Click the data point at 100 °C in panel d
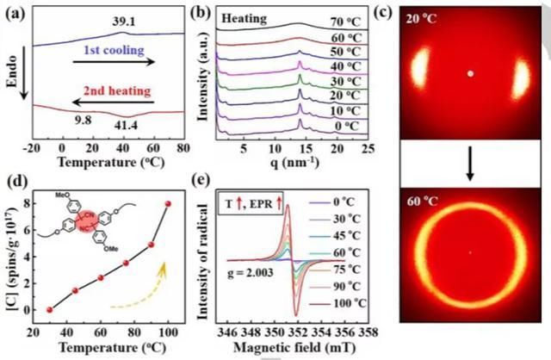(x=168, y=204)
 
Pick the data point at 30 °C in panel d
(x=50, y=309)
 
